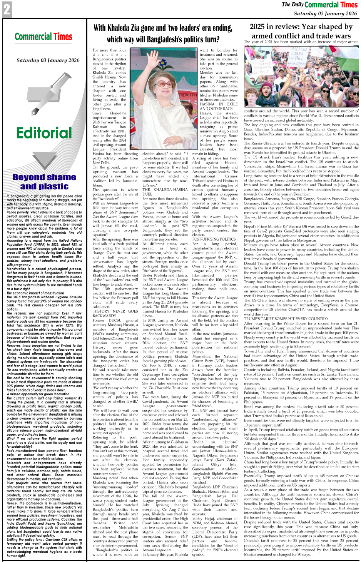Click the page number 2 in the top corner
click(7, 9)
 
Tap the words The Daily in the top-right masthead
click(292, 5)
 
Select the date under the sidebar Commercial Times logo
click(48, 60)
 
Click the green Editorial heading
click(44, 133)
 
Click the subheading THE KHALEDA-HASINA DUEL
click(165, 192)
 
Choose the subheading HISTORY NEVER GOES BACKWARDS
click(115, 313)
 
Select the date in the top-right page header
click(325, 13)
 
